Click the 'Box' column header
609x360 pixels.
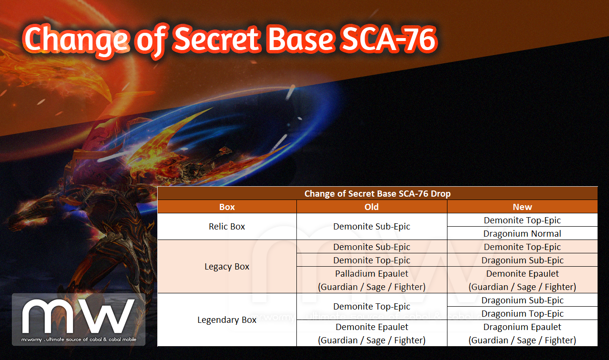[x=227, y=207]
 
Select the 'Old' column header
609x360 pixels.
[x=371, y=207]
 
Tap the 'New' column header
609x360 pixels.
[x=522, y=207]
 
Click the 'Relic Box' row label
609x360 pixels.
[x=227, y=226]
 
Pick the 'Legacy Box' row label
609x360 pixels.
[x=227, y=267]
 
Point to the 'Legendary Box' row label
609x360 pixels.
[x=227, y=320]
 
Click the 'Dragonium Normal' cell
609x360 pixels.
[x=522, y=233]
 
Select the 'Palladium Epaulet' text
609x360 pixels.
[x=371, y=274]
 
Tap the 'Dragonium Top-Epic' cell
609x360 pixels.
[x=522, y=313]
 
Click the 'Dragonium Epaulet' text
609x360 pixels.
[x=522, y=327]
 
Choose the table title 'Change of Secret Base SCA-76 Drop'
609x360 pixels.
[x=377, y=193]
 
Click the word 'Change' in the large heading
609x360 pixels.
[x=76, y=41]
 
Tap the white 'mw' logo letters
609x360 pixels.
[x=78, y=316]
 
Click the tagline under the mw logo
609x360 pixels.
[x=79, y=340]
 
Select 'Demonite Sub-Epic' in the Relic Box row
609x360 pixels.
[x=371, y=226]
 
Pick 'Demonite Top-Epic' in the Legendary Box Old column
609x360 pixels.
[x=371, y=307]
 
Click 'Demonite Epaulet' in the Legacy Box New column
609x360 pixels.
[x=522, y=274]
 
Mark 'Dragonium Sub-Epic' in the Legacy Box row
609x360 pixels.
[x=522, y=260]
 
